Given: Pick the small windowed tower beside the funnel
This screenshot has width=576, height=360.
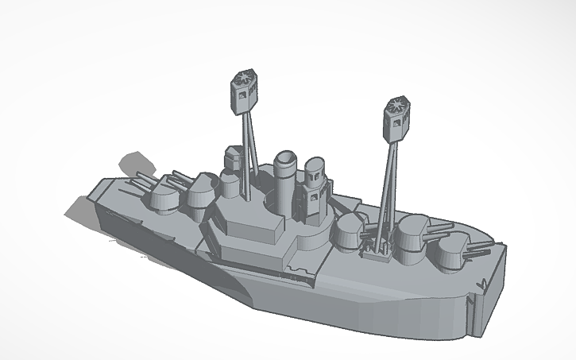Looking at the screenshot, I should (x=314, y=179).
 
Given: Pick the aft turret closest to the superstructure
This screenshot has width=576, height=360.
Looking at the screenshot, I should (x=348, y=230).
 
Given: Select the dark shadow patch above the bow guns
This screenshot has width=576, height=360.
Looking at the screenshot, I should (x=135, y=165).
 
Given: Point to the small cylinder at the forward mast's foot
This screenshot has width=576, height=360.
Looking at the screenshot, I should (x=230, y=188).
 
